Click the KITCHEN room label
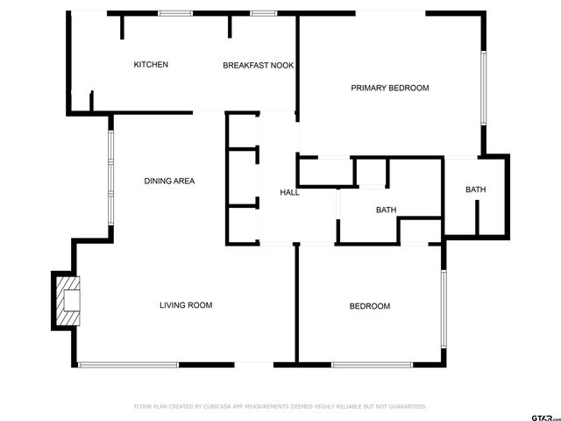click(151, 65)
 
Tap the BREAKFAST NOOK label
click(258, 66)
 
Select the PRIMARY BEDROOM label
click(390, 88)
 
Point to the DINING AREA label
click(169, 182)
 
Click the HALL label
click(289, 192)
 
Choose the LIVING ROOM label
click(186, 305)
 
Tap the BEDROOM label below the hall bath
click(370, 306)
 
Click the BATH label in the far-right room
click(475, 190)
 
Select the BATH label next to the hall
click(387, 210)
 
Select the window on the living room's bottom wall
click(128, 364)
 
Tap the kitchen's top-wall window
click(175, 13)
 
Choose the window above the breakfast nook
click(263, 13)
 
